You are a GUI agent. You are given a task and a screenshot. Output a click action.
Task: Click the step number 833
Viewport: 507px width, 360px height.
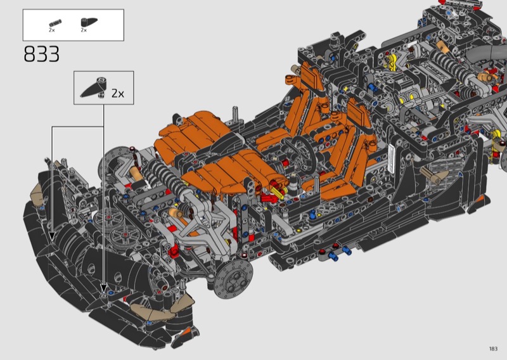coord(42,54)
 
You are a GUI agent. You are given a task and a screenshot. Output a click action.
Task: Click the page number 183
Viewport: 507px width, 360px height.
coord(493,349)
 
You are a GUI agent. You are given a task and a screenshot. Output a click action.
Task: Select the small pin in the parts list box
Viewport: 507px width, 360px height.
coord(55,23)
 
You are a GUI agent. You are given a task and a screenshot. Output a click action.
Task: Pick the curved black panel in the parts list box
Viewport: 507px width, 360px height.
coord(89,22)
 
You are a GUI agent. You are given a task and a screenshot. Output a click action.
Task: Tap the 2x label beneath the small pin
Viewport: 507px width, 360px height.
coord(52,30)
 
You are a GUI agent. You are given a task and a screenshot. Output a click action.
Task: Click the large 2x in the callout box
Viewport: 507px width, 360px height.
coord(118,93)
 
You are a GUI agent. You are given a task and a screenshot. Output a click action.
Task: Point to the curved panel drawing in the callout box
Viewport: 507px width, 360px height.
coord(94,87)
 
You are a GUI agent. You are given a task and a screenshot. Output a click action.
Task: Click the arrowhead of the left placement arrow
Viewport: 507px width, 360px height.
coord(52,237)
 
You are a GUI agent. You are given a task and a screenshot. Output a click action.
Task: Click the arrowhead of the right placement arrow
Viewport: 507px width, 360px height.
coord(103,289)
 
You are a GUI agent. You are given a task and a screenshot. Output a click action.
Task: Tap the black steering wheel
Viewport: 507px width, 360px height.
coord(304,152)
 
